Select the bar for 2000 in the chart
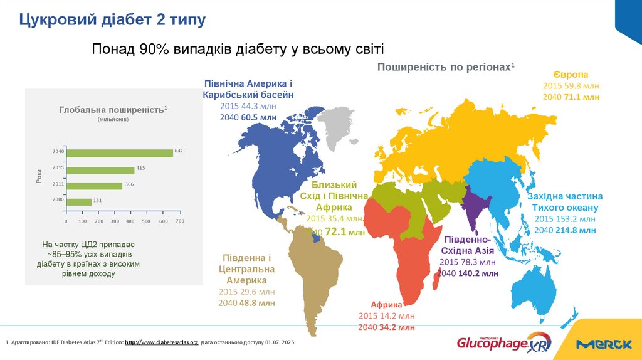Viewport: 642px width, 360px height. (79, 201)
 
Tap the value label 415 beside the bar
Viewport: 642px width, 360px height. (140, 168)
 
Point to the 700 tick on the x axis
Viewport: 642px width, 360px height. (179, 221)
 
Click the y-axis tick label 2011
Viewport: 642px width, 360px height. (58, 185)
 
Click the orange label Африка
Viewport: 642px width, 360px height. (386, 304)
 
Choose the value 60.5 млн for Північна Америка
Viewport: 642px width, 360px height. (258, 117)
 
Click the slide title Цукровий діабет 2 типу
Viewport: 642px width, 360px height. (112, 20)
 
